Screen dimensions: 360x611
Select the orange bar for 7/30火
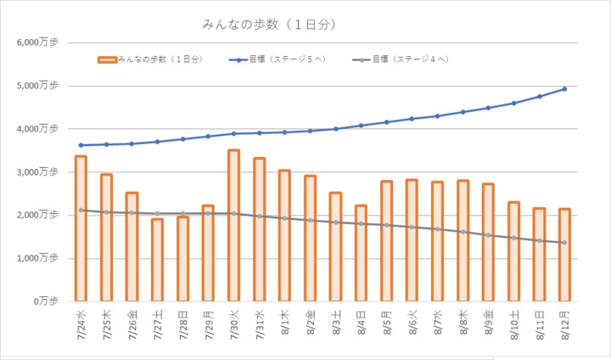(233, 225)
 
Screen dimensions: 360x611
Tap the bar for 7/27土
(157, 260)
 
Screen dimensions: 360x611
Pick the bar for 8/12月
(564, 255)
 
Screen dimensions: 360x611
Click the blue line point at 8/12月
(564, 88)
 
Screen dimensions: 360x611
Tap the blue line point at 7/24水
(81, 145)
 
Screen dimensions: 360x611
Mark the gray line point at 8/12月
(564, 243)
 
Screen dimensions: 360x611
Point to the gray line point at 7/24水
(81, 210)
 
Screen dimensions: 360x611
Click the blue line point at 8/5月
(386, 122)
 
